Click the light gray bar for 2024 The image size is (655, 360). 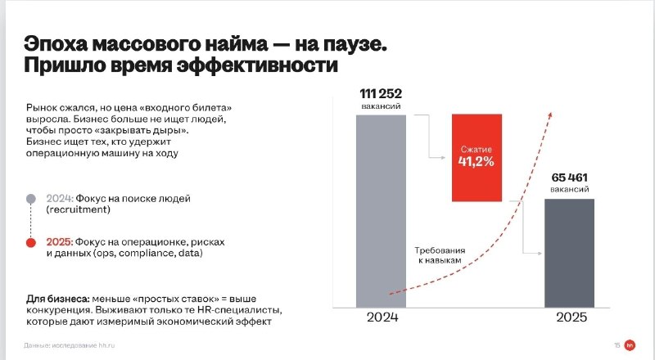(381, 211)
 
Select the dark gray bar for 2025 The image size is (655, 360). (569, 253)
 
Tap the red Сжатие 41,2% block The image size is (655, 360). (477, 158)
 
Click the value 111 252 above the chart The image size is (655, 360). (381, 93)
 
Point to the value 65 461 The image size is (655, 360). (569, 178)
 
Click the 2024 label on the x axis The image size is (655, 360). (382, 317)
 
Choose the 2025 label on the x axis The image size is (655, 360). (571, 317)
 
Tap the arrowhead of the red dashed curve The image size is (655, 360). (550, 115)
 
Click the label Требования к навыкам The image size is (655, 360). (440, 255)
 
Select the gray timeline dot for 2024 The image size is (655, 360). (31, 199)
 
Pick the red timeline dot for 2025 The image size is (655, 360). (31, 243)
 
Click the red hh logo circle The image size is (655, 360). (630, 345)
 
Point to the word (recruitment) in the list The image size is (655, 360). (78, 209)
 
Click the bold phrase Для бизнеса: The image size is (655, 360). (57, 299)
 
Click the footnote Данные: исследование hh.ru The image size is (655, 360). (70, 346)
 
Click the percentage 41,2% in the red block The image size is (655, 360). (477, 162)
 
